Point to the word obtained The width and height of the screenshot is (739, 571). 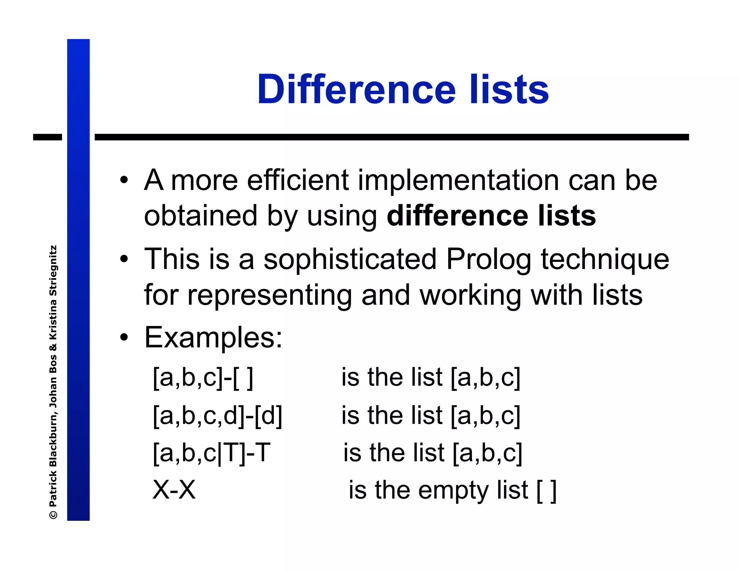tap(201, 215)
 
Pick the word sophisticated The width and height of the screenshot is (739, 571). tap(350, 259)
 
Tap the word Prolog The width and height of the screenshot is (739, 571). tap(489, 259)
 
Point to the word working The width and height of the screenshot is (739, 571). tap(471, 295)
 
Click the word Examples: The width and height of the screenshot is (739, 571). tap(213, 337)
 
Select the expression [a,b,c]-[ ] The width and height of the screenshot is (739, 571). tap(203, 378)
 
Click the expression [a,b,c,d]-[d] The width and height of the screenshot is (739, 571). tap(217, 415)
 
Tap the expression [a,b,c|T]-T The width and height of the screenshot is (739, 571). tap(211, 453)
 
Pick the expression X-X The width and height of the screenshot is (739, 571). tap(174, 490)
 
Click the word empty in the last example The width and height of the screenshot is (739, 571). tap(452, 491)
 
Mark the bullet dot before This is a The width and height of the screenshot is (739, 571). tap(124, 259)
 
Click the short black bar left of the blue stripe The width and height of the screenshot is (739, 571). tap(47, 137)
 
